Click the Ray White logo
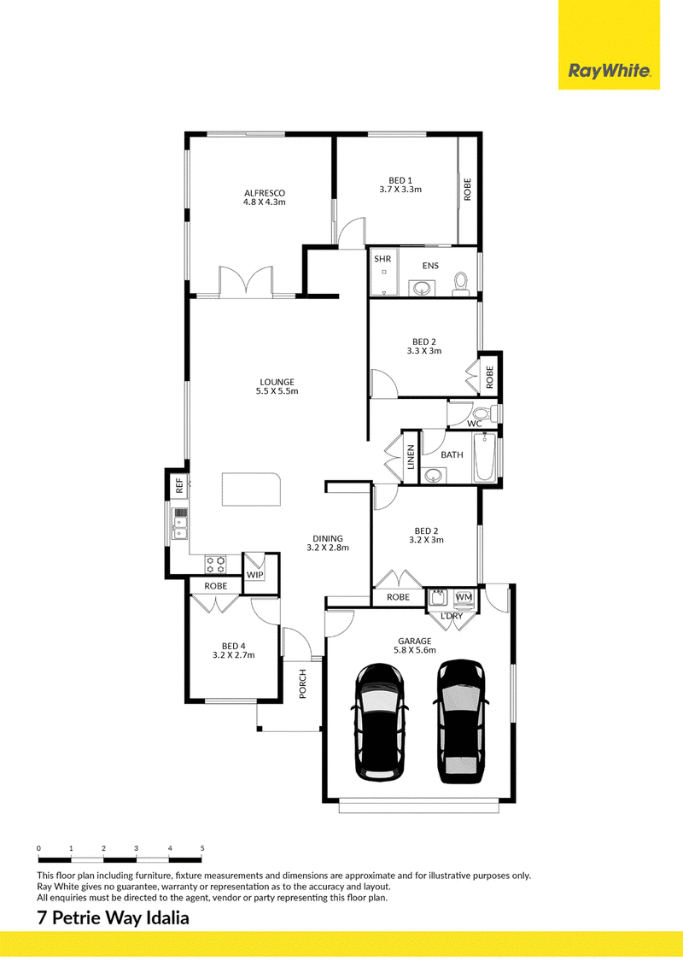tap(609, 72)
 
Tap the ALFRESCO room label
tap(265, 193)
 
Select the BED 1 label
tap(400, 181)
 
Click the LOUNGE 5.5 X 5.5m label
tap(277, 387)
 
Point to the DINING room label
tap(327, 538)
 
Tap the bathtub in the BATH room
tap(485, 458)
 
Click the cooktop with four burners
tap(215, 564)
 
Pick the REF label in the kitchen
tap(179, 486)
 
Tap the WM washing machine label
tap(464, 597)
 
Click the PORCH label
tap(303, 684)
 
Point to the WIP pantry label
tap(254, 575)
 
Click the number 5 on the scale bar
tap(202, 848)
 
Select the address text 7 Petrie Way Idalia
tap(114, 918)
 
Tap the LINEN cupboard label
tap(411, 457)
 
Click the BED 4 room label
tap(234, 647)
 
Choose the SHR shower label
tap(382, 259)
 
